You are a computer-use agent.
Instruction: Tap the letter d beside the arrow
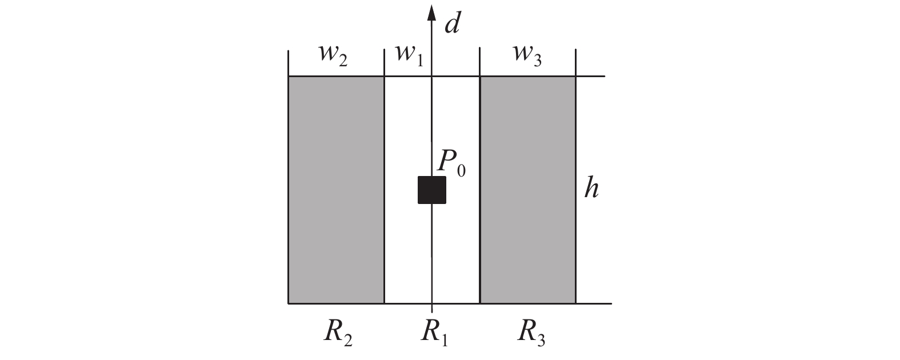tap(453, 23)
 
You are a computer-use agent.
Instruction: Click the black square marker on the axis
tap(431, 190)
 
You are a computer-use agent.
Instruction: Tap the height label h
tap(591, 188)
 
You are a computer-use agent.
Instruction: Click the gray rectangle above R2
tap(336, 189)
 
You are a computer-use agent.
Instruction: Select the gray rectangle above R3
tap(527, 189)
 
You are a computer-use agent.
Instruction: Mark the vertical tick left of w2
tap(288, 63)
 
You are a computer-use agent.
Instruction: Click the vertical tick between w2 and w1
tap(384, 63)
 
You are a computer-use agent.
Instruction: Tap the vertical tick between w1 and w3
tap(479, 63)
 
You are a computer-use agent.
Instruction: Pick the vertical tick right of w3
tap(575, 63)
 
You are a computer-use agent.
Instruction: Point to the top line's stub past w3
tap(590, 76)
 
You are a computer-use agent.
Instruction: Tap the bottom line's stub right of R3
tap(594, 303)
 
